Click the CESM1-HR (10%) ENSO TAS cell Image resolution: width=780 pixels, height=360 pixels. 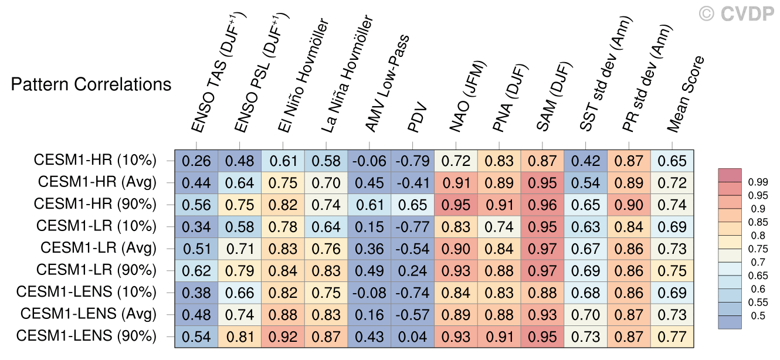196,160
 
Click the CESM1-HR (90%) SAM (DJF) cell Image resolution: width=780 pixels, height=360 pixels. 542,204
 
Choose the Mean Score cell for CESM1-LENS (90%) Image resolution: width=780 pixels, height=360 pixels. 672,337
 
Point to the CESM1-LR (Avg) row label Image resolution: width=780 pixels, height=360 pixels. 99,248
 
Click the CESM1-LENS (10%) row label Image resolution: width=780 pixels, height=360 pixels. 87,292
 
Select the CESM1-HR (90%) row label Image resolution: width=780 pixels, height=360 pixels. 96,204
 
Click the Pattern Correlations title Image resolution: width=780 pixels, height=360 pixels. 91,84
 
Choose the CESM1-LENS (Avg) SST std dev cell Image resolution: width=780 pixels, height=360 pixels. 586,314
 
